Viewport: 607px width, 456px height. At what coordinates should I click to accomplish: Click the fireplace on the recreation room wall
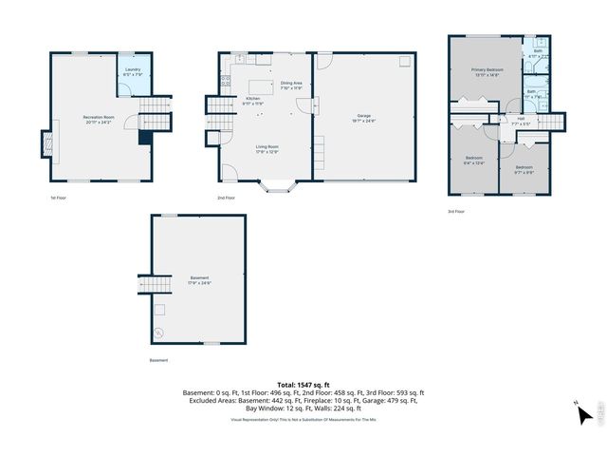44,144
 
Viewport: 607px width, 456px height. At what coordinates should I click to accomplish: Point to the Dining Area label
291,85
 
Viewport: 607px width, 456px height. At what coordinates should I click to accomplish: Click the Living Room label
266,148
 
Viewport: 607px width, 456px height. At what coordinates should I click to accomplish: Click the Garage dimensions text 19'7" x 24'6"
365,122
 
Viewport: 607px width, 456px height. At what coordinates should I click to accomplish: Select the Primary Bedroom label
486,72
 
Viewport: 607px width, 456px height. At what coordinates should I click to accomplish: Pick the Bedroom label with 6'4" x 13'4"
474,161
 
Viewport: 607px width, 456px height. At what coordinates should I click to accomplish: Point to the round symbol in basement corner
158,332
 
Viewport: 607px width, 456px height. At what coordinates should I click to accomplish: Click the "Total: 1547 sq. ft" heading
303,382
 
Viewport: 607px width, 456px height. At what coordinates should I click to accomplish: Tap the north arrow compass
585,413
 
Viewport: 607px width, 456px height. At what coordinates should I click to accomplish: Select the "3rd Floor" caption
456,212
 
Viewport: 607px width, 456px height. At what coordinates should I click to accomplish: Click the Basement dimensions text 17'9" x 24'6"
197,282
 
